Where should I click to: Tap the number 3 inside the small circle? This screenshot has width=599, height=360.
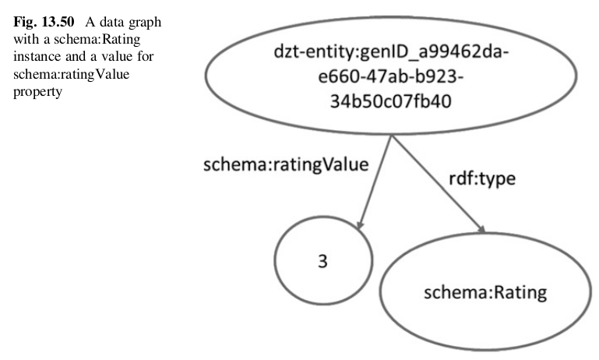coord(322,262)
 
